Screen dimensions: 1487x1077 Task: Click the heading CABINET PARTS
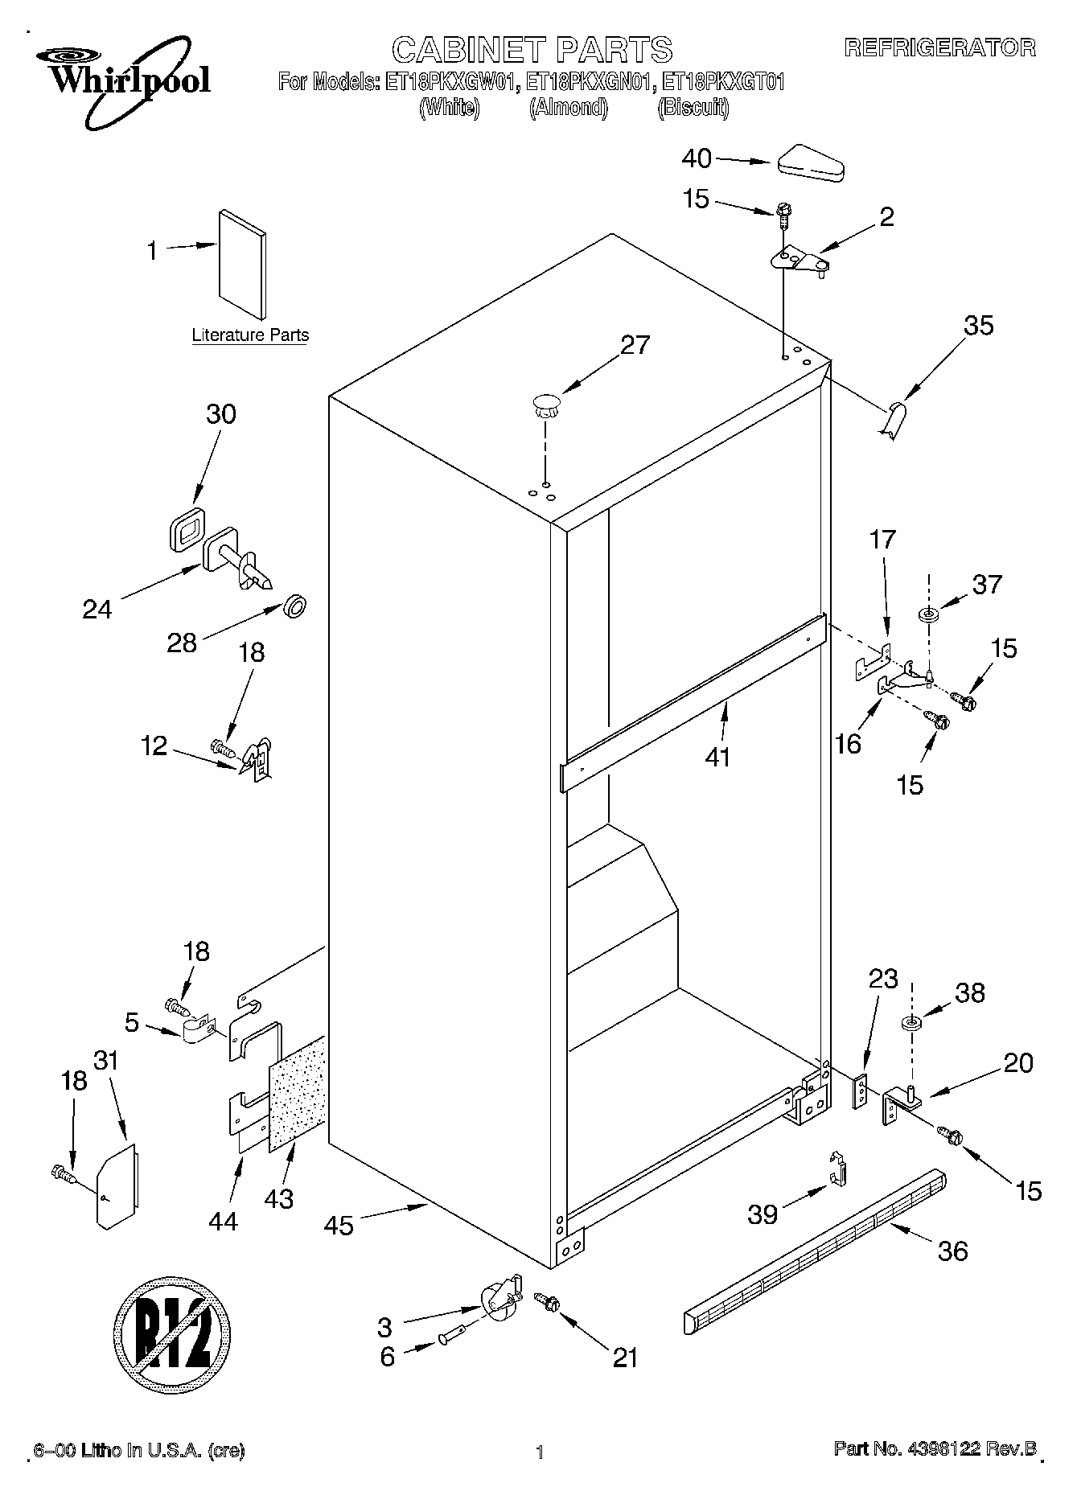pyautogui.click(x=532, y=50)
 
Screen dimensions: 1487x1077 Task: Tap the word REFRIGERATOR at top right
pyautogui.click(x=939, y=48)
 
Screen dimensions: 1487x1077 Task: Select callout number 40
pyautogui.click(x=697, y=158)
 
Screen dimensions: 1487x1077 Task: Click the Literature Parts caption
pyautogui.click(x=250, y=335)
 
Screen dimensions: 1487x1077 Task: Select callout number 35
pyautogui.click(x=978, y=326)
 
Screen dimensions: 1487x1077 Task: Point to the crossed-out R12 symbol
pyautogui.click(x=172, y=1334)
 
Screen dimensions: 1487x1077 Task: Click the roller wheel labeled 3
pyautogui.click(x=497, y=1300)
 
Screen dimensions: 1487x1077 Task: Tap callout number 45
pyautogui.click(x=339, y=1226)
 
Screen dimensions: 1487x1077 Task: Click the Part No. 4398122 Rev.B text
pyautogui.click(x=935, y=1450)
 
